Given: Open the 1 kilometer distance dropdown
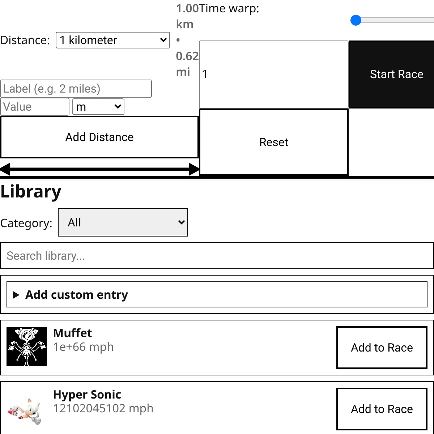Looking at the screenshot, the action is (112, 40).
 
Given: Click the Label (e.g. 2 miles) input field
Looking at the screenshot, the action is (76, 89).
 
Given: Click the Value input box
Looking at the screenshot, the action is (35, 107).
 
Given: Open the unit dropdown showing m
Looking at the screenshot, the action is (98, 107).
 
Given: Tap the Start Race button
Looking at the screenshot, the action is (391, 75).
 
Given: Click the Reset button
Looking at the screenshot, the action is (274, 142).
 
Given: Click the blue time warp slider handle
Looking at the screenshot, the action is (356, 21).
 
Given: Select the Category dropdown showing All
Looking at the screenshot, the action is (123, 222).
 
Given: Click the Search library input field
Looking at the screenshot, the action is (217, 256).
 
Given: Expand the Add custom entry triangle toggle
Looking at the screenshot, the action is (16, 295).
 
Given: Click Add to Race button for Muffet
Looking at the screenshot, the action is (382, 348).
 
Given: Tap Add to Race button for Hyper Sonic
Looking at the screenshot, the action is (382, 409).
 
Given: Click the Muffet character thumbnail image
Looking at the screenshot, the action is (27, 346).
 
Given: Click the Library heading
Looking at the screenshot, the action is (31, 191).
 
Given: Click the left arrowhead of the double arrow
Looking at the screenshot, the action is (5, 169).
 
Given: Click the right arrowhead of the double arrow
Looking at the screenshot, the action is (194, 169).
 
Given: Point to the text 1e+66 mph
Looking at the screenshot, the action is (83, 347).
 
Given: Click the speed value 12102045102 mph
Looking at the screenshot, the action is (103, 408).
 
